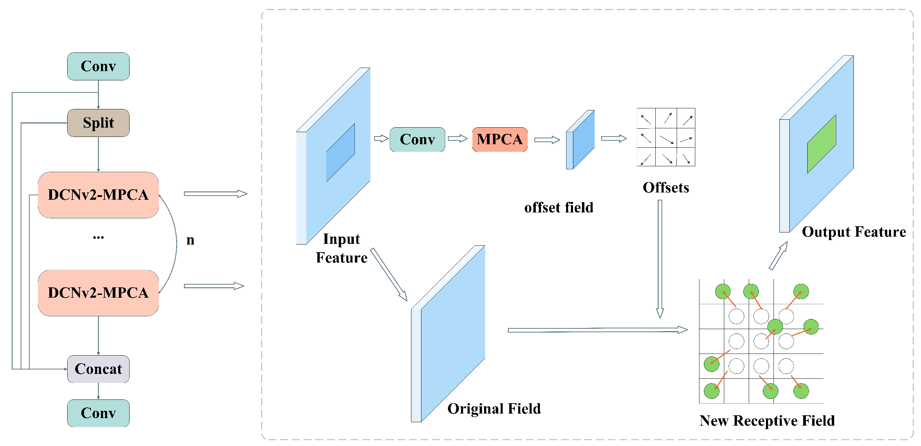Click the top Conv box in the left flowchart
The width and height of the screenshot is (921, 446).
point(98,66)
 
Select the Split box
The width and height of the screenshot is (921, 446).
point(98,123)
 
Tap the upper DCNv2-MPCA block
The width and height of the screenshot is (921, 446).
point(98,195)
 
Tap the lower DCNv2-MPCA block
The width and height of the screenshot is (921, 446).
point(98,293)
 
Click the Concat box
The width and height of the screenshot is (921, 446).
point(98,369)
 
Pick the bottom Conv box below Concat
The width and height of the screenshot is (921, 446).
point(98,413)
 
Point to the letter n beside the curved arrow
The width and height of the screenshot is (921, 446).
point(190,240)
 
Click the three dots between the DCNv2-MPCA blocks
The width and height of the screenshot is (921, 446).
point(98,237)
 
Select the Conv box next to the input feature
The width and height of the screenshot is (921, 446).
point(417,139)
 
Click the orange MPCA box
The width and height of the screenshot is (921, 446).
point(500,139)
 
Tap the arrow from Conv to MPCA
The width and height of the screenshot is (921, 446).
point(458,139)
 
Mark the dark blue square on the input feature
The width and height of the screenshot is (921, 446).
point(340,153)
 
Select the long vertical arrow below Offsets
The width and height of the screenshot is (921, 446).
point(660,258)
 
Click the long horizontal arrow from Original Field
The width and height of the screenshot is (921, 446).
point(597,330)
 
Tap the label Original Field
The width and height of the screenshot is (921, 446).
point(494,408)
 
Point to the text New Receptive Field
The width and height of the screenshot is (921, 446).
point(767,420)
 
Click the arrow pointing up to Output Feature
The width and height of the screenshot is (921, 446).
point(778,256)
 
